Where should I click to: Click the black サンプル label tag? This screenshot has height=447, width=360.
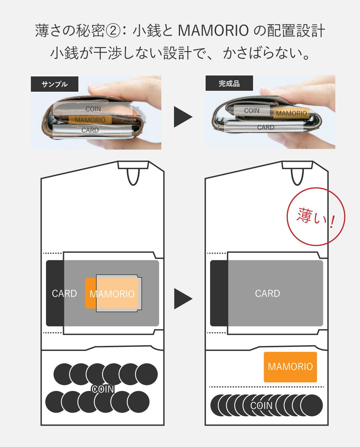tap(55, 84)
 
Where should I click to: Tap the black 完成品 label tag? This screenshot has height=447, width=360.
tap(229, 83)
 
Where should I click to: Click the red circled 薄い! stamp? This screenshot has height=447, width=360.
tap(315, 217)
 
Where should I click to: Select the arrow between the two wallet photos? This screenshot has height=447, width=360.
tap(183, 117)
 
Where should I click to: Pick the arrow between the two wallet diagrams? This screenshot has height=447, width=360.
tap(183, 299)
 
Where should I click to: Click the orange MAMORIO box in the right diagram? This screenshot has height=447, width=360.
tap(290, 367)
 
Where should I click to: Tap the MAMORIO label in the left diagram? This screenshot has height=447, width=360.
tap(112, 294)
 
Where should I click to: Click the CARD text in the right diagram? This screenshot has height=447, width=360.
tap(267, 294)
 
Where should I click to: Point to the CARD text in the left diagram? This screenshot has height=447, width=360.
tap(64, 294)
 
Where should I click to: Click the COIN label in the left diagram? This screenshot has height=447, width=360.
tap(103, 389)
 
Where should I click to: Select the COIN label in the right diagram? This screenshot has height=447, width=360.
tap(262, 406)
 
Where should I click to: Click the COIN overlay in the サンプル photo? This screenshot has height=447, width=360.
tap(93, 109)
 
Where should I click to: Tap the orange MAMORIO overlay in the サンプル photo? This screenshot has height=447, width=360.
tap(90, 120)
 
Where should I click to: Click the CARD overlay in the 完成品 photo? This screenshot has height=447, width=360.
tap(266, 127)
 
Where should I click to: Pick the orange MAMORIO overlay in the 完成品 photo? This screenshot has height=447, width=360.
tap(291, 113)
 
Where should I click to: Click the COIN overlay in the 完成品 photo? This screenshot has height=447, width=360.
tap(252, 111)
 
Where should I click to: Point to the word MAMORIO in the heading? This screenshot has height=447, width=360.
tap(213, 31)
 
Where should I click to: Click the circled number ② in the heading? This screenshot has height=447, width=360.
tap(113, 31)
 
